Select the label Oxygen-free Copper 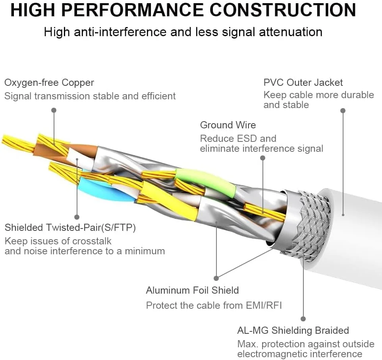point(49,83)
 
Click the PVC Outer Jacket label point(303,83)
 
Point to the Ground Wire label point(228,125)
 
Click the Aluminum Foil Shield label point(192,290)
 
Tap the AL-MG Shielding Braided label point(293,330)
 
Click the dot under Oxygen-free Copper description point(54,110)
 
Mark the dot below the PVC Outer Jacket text point(343,110)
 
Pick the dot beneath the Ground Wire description point(262,158)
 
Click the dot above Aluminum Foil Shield point(216,278)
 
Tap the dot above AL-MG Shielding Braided point(303,319)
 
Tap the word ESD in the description point(249,139)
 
